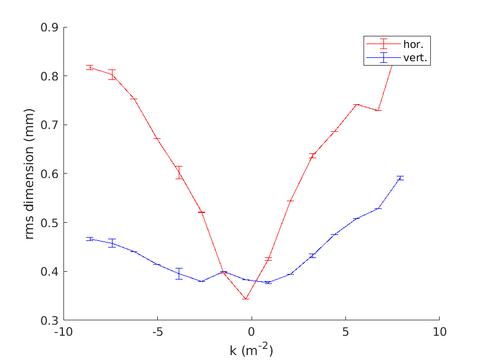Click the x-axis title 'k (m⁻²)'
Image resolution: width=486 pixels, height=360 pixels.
(251, 350)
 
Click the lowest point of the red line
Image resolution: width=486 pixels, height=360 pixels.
(245, 299)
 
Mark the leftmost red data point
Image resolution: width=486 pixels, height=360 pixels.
(90, 67)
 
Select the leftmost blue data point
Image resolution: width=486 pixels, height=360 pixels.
(90, 239)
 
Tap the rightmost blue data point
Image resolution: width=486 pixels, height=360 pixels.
(400, 178)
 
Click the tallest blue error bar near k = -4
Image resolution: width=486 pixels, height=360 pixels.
(179, 273)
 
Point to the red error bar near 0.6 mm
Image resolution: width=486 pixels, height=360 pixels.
(179, 173)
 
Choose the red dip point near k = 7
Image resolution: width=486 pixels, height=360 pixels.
(378, 110)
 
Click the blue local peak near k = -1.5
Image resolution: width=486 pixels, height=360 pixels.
(223, 272)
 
